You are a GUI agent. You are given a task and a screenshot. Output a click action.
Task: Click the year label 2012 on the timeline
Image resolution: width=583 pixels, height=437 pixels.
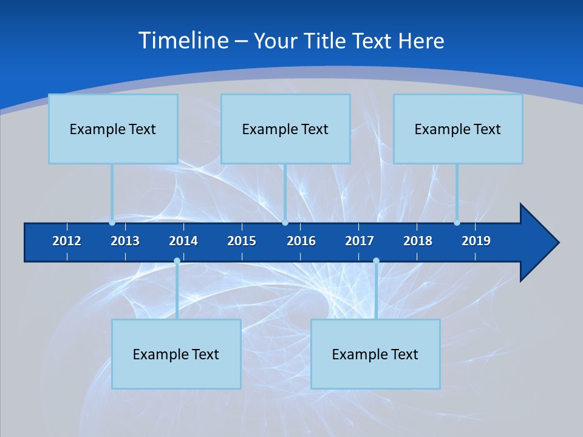tap(67, 241)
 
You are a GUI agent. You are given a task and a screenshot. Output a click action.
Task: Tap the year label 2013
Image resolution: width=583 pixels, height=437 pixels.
tap(125, 241)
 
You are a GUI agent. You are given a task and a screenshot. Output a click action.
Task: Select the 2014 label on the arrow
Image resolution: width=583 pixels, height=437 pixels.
tap(183, 241)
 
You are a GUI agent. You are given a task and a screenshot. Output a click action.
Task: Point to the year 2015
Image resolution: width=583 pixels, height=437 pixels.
tap(242, 241)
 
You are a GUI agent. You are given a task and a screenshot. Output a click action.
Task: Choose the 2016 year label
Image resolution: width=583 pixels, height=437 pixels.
tap(301, 241)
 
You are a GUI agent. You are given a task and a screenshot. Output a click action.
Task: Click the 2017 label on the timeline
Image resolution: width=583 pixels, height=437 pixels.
tap(360, 241)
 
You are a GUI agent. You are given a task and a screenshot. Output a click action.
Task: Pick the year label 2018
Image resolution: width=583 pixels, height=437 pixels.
tap(418, 241)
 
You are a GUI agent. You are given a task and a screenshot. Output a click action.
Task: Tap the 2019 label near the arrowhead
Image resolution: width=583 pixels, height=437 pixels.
tap(476, 241)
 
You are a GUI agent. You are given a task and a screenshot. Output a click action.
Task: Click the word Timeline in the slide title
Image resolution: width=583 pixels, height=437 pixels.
tap(183, 41)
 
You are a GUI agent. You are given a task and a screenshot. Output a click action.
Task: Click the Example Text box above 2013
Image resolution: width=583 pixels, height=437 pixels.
tap(113, 129)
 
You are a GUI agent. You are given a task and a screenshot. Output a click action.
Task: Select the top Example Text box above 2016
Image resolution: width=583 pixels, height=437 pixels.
tap(285, 129)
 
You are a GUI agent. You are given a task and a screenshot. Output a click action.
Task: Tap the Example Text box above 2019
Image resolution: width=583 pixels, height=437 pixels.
tap(458, 129)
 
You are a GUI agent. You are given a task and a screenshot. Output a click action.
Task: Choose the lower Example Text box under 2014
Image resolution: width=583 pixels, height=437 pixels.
tap(176, 354)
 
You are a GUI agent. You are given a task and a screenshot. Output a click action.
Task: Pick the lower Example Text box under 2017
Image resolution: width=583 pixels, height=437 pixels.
tap(375, 354)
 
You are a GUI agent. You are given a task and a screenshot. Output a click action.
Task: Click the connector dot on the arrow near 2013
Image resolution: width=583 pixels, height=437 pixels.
tap(112, 223)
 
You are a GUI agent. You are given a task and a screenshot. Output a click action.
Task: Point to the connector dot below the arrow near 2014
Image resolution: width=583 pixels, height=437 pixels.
tap(177, 261)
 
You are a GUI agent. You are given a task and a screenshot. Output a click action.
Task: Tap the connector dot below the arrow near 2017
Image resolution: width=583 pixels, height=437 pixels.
tap(376, 261)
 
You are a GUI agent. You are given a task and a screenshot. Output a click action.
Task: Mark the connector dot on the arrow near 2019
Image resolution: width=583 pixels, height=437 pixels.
tap(457, 223)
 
